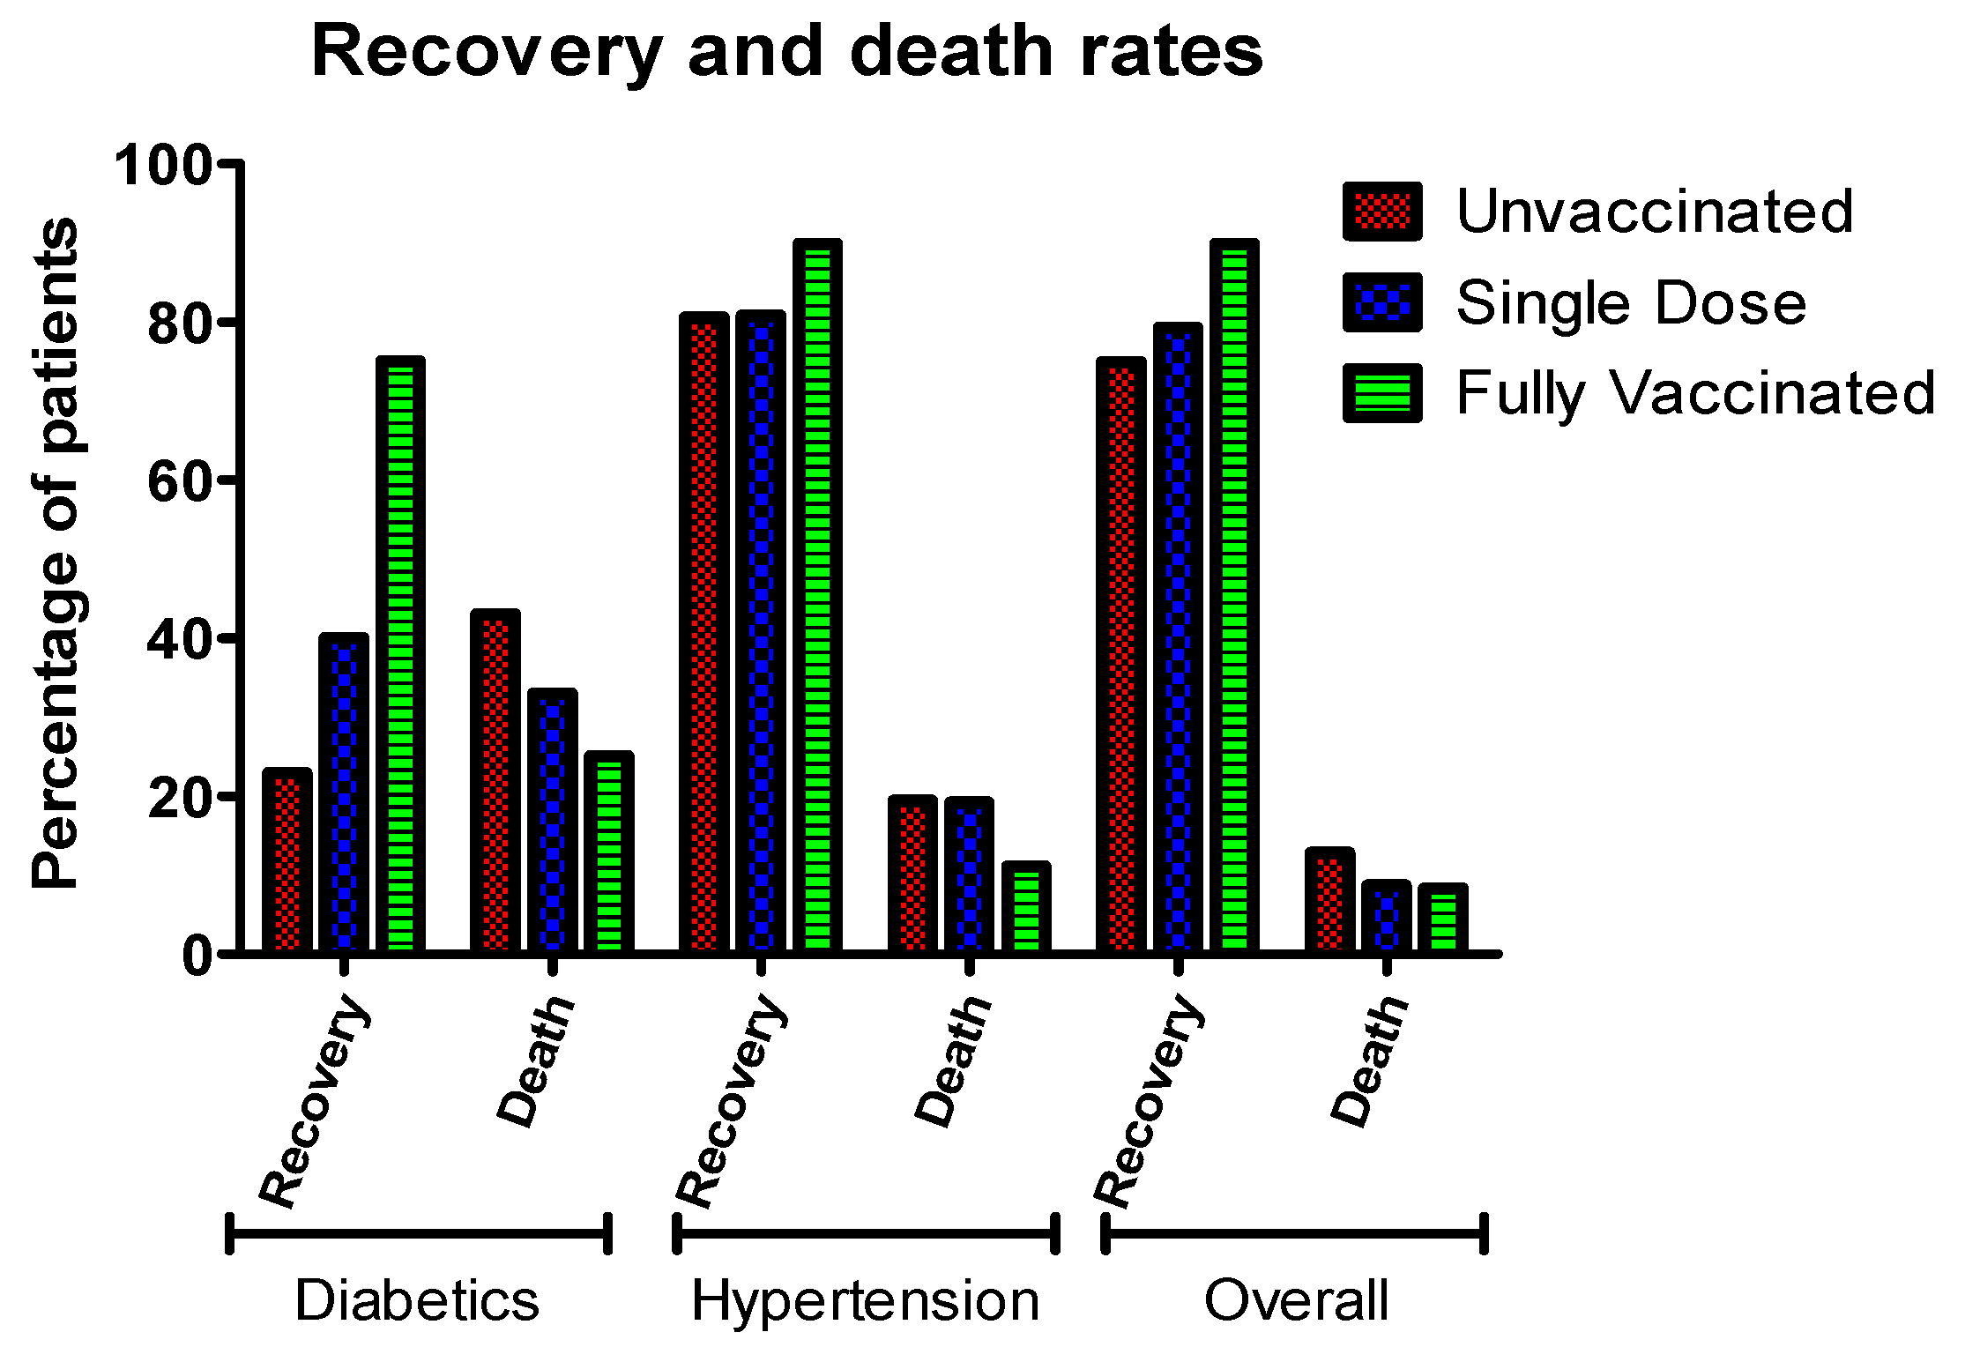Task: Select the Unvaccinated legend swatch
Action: coord(1381,212)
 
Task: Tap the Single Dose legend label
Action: coord(1630,302)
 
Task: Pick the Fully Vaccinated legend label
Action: coord(1694,393)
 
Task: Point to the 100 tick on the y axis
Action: coord(164,165)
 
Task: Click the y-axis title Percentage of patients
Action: coord(55,554)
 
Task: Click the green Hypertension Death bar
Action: coord(1026,908)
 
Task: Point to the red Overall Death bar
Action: coord(1329,901)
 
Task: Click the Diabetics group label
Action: coord(416,1301)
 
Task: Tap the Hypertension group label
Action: coord(865,1301)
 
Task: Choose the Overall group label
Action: coord(1296,1301)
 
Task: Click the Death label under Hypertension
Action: coord(953,1061)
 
